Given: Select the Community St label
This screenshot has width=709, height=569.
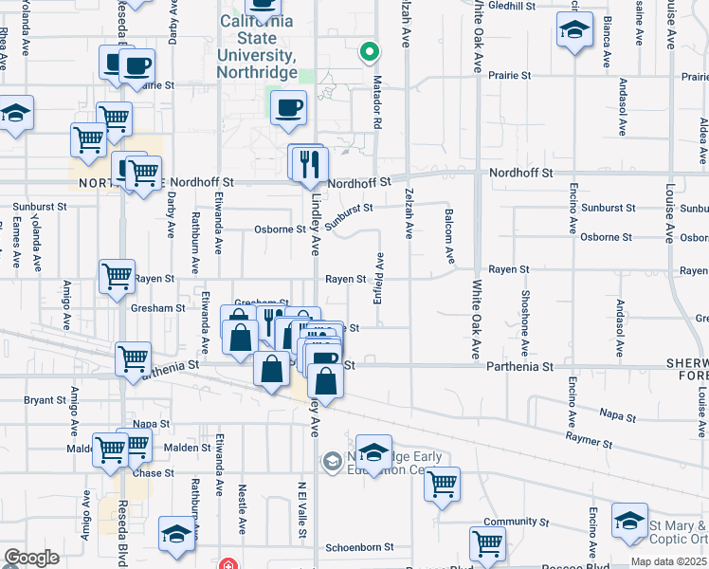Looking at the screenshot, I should (516, 522).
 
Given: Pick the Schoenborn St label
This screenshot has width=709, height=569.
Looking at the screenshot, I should (359, 547).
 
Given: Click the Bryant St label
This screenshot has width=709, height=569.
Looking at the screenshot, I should (45, 400).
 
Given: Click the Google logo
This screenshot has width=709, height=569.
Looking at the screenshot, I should (30, 558).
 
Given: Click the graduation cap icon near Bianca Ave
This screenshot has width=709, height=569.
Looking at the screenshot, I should (573, 30).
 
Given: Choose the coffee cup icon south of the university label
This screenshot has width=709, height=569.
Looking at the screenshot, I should (288, 106).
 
